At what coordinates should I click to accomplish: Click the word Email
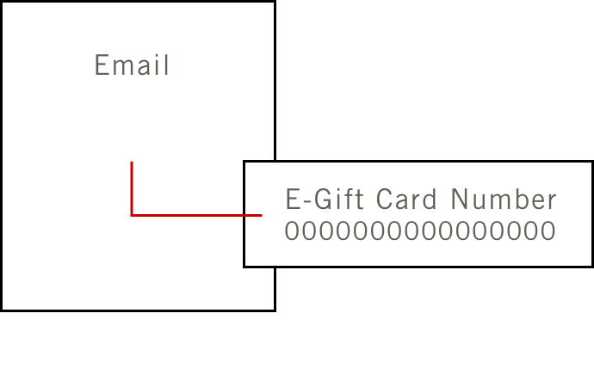132,65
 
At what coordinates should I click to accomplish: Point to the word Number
504,200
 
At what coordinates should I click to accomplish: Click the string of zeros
420,231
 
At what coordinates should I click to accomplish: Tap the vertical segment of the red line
132,187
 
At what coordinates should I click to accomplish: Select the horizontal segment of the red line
196,215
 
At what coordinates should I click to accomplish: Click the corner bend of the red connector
132,215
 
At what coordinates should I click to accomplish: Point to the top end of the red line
132,163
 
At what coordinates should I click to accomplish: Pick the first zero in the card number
292,231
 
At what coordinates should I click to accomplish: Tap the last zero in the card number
548,231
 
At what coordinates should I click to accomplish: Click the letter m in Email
121,67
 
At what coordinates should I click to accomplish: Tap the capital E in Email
101,65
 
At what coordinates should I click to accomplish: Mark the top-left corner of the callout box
244,162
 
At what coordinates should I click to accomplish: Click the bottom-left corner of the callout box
244,266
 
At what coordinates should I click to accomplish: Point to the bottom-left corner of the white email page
3,309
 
